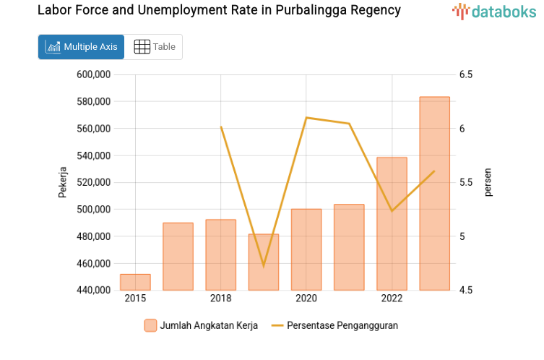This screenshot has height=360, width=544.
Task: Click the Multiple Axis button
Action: [81, 47]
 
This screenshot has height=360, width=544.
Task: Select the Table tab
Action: [155, 47]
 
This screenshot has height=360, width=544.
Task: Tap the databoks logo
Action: [494, 11]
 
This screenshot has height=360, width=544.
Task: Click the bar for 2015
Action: [135, 283]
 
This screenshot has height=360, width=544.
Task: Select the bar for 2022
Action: [392, 224]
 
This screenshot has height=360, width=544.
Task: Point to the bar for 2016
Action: [178, 257]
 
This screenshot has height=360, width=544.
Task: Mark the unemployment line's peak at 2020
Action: [306, 117]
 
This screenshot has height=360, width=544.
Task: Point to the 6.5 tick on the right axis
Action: [465, 74]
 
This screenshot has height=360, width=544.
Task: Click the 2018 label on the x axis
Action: [220, 299]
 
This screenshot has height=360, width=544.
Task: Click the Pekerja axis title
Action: [63, 182]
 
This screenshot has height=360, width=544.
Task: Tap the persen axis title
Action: [488, 182]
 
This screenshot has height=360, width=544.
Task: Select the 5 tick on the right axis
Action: [462, 236]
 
